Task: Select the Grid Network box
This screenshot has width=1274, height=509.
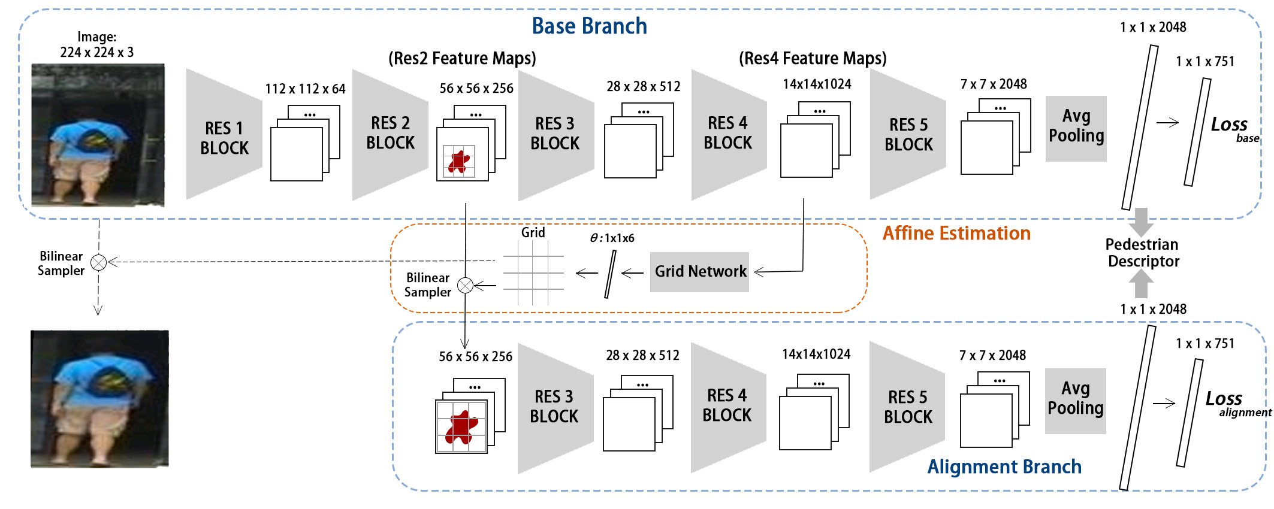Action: [699, 272]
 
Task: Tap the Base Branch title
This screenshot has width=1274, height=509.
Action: [589, 26]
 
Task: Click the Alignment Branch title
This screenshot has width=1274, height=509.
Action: [1004, 466]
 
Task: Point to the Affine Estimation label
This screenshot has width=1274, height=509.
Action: [956, 234]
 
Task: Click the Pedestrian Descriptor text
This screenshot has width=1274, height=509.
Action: [1143, 253]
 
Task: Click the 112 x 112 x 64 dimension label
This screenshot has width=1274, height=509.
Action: [305, 89]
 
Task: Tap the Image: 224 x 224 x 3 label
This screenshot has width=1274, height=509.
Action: [97, 45]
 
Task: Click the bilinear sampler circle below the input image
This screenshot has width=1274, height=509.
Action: [99, 262]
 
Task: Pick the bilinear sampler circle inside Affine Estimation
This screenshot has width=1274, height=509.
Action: [465, 286]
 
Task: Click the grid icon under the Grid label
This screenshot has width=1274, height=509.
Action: [533, 272]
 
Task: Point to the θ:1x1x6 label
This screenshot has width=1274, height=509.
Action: [612, 238]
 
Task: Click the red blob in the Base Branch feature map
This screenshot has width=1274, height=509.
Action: [460, 162]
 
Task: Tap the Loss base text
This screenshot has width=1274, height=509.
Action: [1233, 128]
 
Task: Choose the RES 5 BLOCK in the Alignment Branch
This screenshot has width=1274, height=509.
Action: [908, 407]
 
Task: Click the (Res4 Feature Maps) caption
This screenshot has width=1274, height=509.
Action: [813, 59]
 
